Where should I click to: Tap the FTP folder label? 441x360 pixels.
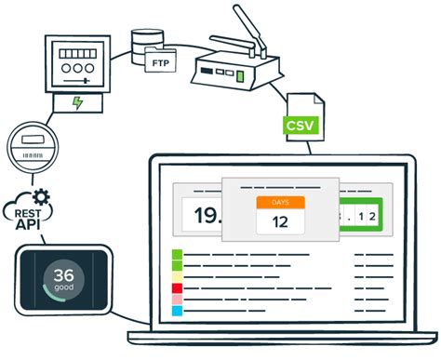tap(159, 61)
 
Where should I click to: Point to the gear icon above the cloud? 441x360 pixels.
tap(40, 197)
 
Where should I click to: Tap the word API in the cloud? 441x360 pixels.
tap(26, 224)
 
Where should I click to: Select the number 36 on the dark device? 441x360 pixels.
tap(65, 275)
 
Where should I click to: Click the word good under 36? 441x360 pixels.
tap(65, 291)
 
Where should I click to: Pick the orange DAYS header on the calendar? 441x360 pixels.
tap(280, 203)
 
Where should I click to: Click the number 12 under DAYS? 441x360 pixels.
tap(280, 221)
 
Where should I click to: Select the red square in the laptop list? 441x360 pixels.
tap(177, 288)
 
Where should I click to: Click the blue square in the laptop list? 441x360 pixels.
tap(177, 311)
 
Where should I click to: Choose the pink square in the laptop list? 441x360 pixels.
tap(177, 300)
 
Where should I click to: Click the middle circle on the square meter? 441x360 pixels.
tap(76, 69)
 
